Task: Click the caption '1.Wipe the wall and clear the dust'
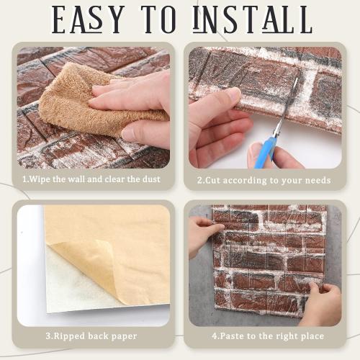92,179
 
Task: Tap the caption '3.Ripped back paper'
91,336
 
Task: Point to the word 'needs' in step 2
317,179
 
